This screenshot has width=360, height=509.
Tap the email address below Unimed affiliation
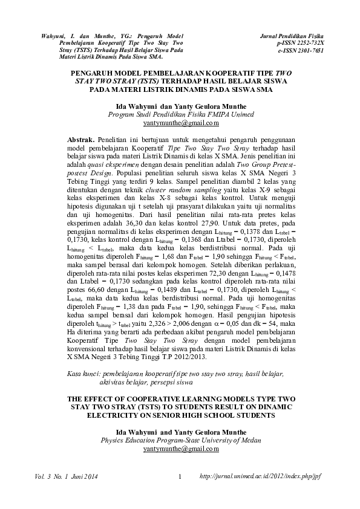point(180,123)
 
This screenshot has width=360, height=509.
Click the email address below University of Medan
point(180,450)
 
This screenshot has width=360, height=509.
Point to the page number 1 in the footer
point(180,478)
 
